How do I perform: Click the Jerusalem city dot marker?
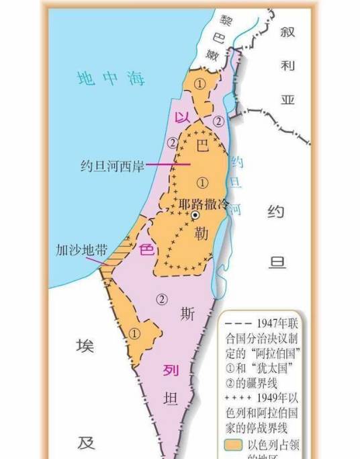coord(195,215)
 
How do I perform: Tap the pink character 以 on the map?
coord(180,117)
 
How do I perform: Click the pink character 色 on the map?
coord(146,249)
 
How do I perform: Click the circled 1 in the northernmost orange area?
coord(199,83)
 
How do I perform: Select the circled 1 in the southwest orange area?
coord(135,333)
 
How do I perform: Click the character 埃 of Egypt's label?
coord(85,347)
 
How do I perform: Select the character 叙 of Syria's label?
coord(289,32)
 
